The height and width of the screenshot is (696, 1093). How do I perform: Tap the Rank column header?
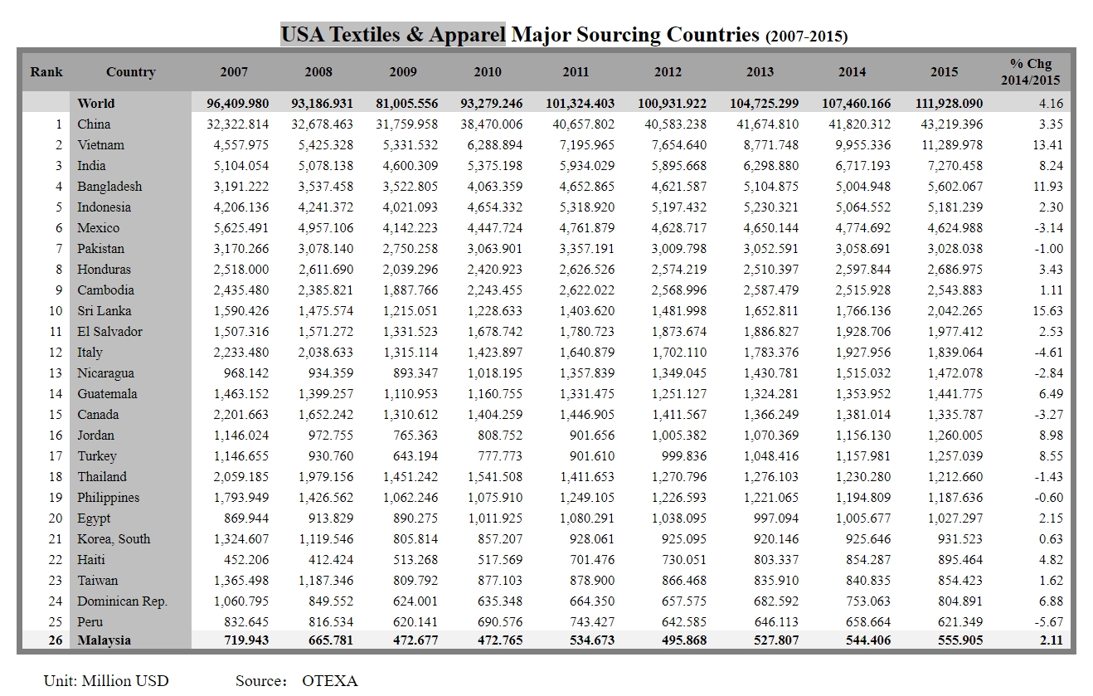[46, 72]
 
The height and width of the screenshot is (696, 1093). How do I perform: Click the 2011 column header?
[576, 72]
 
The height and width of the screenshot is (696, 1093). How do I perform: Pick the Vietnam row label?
[100, 145]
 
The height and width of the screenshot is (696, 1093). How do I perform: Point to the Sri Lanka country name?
[104, 311]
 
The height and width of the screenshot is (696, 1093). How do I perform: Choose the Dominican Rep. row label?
[122, 601]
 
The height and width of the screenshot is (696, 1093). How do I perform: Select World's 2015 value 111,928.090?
[944, 104]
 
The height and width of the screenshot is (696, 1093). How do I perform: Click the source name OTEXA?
[330, 681]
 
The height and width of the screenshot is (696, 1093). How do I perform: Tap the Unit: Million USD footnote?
[106, 681]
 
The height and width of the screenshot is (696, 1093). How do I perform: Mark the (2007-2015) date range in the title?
[806, 37]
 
